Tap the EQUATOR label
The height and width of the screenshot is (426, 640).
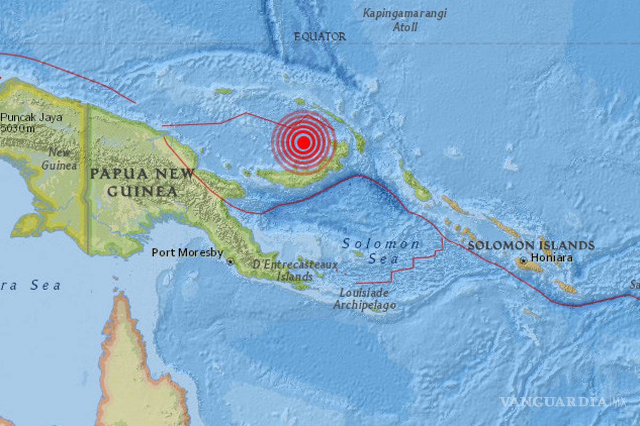[320, 37]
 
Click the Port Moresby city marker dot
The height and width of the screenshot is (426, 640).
[230, 261]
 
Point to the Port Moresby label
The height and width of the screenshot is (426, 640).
[187, 252]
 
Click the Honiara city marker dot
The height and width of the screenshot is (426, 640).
[524, 261]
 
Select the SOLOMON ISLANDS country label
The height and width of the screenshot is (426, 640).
[531, 245]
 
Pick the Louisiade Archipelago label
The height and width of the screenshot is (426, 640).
[365, 299]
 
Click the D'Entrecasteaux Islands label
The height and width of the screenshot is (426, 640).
[294, 270]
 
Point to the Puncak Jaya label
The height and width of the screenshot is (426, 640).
[31, 117]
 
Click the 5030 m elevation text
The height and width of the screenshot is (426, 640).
[18, 128]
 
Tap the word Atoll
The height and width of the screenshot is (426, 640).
[405, 28]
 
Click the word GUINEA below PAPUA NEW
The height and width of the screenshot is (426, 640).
[142, 191]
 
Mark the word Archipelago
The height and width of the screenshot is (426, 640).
[365, 306]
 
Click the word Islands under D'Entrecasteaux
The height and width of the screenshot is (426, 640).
[294, 276]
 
